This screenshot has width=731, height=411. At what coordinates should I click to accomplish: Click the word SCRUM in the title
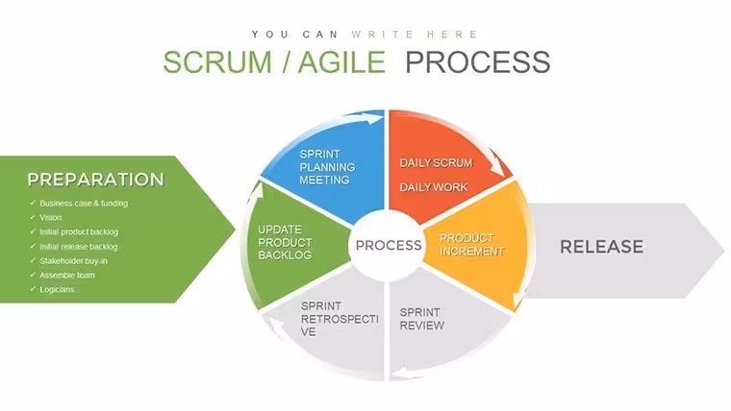click(217, 61)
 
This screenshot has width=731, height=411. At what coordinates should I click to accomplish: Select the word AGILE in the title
click(341, 61)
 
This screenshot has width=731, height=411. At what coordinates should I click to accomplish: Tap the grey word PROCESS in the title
click(478, 61)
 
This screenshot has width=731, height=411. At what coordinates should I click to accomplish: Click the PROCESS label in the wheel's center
click(389, 245)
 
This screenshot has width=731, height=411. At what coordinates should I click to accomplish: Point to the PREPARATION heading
click(95, 180)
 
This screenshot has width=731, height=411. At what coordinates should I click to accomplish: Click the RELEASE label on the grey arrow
click(601, 247)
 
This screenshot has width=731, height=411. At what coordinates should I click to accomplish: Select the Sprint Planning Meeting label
click(327, 167)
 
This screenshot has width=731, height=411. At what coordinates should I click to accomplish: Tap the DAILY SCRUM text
click(436, 163)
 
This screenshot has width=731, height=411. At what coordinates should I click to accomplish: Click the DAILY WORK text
click(434, 187)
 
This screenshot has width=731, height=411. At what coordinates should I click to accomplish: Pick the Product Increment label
click(471, 245)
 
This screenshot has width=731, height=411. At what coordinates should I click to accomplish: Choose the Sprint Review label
click(422, 319)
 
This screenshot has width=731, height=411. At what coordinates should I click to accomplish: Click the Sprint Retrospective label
click(340, 319)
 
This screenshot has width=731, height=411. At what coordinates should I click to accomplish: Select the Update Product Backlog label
click(285, 243)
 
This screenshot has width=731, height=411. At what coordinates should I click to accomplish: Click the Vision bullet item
click(50, 217)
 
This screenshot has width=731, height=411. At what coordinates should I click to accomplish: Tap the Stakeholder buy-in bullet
click(73, 261)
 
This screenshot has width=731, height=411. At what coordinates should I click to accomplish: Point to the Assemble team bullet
click(67, 275)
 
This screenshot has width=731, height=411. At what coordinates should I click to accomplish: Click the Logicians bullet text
click(57, 289)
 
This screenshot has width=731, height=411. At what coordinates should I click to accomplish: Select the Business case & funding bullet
click(84, 204)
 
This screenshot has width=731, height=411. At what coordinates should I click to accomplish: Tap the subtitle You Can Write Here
click(365, 35)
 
